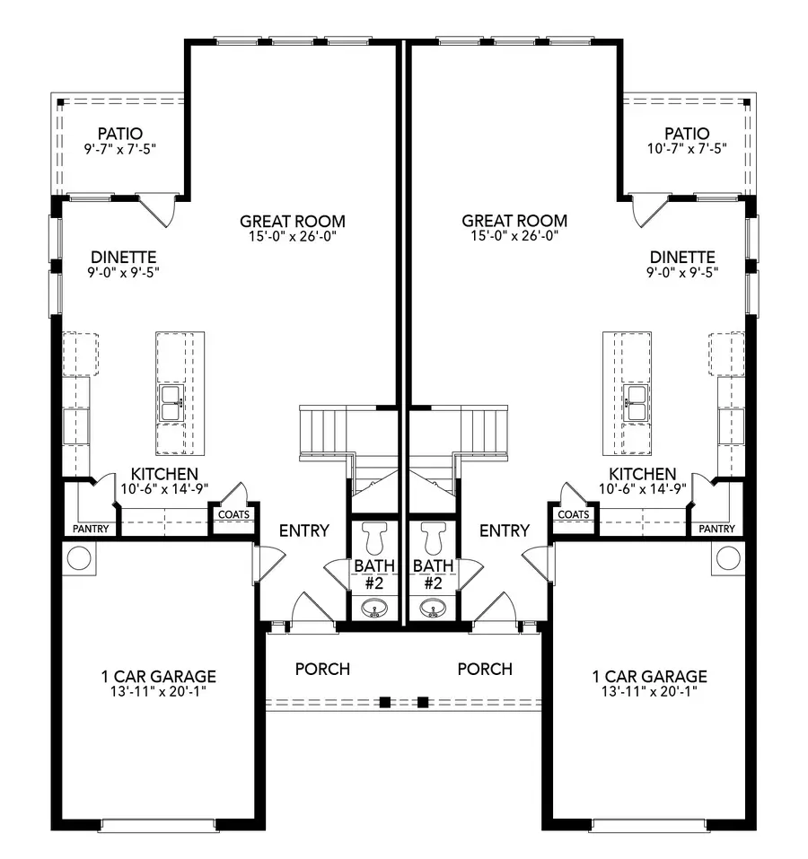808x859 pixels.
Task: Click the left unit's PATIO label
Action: click(x=120, y=134)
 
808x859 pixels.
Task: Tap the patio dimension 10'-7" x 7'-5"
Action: click(x=687, y=148)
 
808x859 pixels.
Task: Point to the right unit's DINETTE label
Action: click(x=682, y=257)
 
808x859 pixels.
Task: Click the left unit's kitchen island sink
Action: click(x=171, y=404)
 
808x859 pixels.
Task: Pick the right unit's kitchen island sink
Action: click(x=637, y=404)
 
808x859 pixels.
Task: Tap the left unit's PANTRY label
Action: click(x=91, y=530)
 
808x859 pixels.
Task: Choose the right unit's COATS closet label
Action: click(x=573, y=514)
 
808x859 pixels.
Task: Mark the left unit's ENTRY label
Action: click(x=304, y=531)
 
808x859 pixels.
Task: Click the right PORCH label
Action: click(x=485, y=670)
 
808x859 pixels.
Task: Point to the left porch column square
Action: click(x=384, y=702)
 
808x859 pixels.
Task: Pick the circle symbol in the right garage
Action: click(x=729, y=558)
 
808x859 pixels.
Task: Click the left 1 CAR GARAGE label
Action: click(x=159, y=677)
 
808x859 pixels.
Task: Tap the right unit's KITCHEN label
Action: click(x=642, y=474)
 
